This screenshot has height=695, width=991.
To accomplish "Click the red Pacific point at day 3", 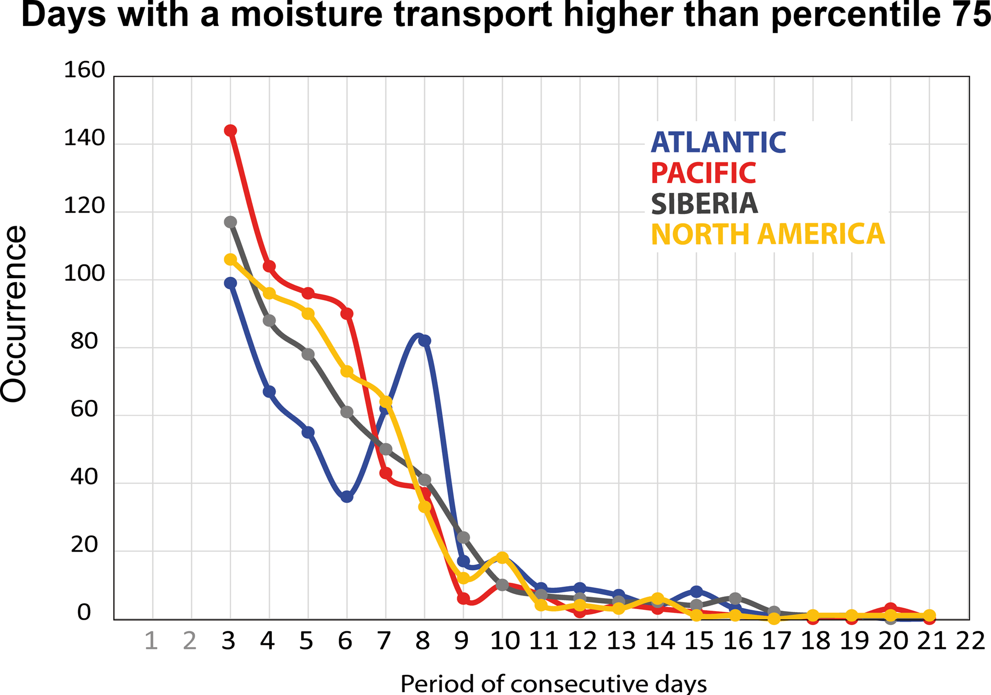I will point(230,130).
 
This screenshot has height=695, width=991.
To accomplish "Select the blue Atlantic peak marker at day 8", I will point(424,341).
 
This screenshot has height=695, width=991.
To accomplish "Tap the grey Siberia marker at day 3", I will point(230,222).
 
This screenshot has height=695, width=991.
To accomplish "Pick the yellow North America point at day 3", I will point(230,259).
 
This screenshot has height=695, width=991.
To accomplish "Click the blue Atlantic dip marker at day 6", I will point(347,497).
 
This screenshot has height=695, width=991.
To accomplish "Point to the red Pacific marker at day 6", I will point(347,314).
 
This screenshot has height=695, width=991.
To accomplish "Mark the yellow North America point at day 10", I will point(502,557).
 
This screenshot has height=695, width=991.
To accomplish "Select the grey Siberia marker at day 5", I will point(308,354).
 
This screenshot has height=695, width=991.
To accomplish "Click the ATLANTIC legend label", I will point(718,142).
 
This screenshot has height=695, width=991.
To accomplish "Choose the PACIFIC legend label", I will point(703,173).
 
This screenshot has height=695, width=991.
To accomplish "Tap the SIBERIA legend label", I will point(704,204).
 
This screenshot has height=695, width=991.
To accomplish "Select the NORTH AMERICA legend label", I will point(768,235).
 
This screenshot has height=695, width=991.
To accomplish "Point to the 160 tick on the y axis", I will point(84,71).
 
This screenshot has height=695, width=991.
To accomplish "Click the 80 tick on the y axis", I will point(84,342).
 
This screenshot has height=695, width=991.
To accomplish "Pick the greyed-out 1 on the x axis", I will point(152,641).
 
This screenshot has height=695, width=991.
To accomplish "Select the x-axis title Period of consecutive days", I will point(553,683).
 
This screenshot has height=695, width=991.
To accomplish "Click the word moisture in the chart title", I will point(306,15).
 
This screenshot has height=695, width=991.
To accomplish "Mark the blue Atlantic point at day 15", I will point(697,592).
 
